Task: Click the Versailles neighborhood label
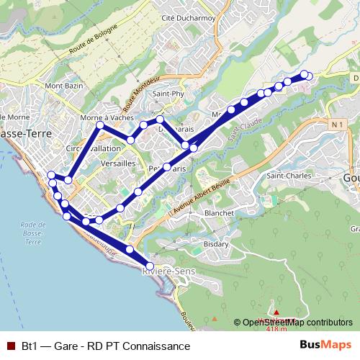click(x=119, y=163)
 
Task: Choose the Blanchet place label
click(x=219, y=213)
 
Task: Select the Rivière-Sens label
click(x=168, y=271)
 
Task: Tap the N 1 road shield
click(x=337, y=125)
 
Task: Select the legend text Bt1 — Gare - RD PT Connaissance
click(x=106, y=346)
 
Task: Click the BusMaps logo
click(x=325, y=346)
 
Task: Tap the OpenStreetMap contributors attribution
click(x=297, y=323)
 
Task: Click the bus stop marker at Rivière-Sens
click(x=150, y=266)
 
